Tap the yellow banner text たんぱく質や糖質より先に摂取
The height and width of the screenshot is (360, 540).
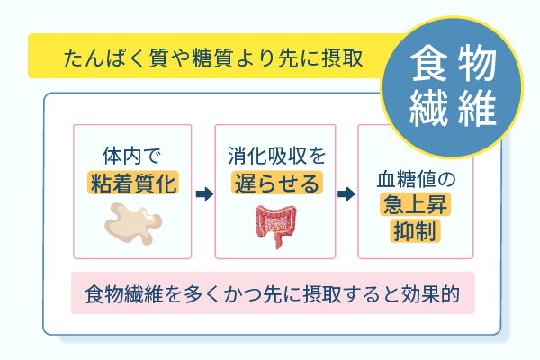(213, 58)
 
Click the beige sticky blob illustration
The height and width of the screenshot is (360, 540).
(132, 223)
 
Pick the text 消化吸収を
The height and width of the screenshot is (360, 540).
(275, 155)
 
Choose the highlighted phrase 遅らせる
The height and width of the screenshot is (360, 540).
(275, 184)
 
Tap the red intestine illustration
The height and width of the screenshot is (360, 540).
(275, 224)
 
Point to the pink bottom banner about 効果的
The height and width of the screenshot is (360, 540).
(273, 293)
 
